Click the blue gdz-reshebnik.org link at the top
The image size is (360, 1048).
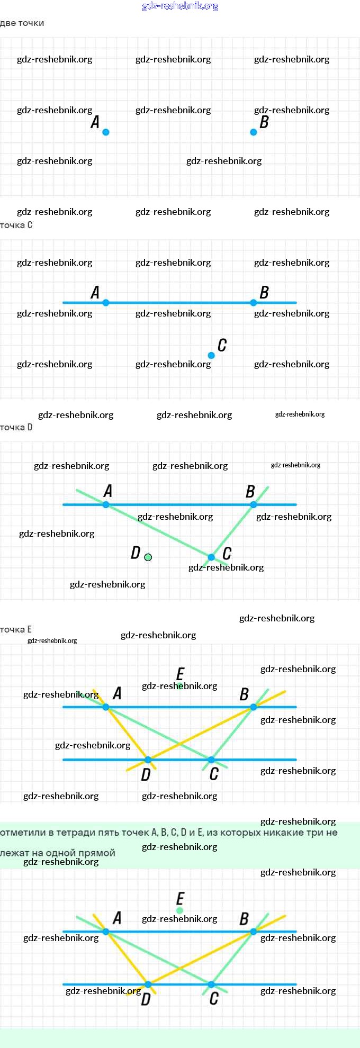[x=180, y=6]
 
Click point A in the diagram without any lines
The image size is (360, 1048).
[x=106, y=132]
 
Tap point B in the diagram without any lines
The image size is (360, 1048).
[x=254, y=132]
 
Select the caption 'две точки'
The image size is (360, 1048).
[x=22, y=23]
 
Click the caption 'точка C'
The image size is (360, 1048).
[x=16, y=225]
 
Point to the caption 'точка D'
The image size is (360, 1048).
[x=16, y=428]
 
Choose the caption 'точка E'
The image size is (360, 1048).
[x=16, y=630]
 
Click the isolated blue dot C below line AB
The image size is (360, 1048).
[x=211, y=355]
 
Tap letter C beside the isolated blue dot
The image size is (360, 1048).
[x=222, y=346]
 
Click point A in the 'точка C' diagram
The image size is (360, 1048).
[x=106, y=303]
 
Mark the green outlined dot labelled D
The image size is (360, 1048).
[x=148, y=557]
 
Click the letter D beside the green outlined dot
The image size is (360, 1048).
[x=136, y=553]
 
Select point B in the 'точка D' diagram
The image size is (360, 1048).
[x=254, y=505]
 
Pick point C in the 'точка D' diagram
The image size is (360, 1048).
[x=211, y=557]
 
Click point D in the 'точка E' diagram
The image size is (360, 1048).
[x=148, y=760]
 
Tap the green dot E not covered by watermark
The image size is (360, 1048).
[x=180, y=910]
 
